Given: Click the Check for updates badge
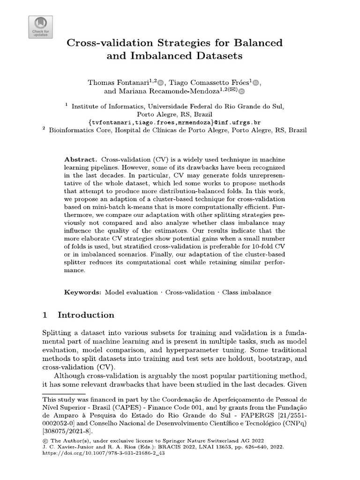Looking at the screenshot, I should tap(41, 27).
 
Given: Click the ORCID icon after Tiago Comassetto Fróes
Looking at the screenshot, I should tap(255, 83).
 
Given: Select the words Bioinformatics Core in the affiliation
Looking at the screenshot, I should tap(76, 131).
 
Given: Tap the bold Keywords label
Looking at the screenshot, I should tap(82, 292).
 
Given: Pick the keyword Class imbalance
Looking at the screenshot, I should tap(247, 292).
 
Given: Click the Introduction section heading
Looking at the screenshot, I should tap(85, 315).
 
